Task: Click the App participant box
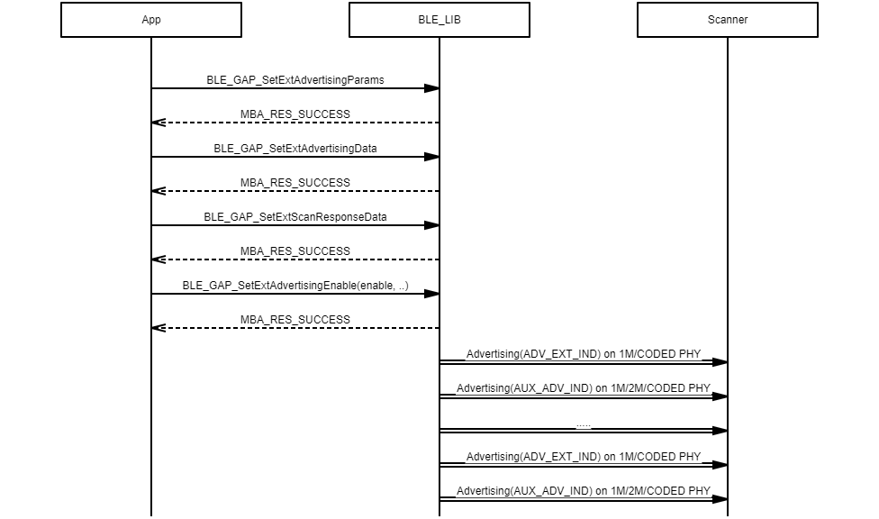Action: tap(151, 20)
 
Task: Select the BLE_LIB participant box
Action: tap(439, 20)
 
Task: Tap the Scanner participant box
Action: tap(728, 20)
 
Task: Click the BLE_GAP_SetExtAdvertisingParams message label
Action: tap(295, 79)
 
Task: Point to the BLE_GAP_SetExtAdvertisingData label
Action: tap(295, 148)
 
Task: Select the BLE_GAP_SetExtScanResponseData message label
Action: tap(295, 216)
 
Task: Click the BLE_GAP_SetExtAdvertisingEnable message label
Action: tap(295, 285)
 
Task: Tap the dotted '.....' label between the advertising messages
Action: tap(584, 425)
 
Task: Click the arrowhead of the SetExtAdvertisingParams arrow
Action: tap(432, 88)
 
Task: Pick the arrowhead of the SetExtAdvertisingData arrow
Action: tap(432, 157)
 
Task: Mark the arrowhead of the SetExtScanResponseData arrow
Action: tap(432, 225)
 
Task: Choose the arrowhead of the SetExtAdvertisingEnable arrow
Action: tap(432, 294)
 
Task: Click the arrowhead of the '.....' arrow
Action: tap(720, 431)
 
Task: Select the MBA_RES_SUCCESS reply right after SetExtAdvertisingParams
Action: tap(295, 114)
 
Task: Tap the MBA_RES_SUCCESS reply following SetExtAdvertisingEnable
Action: tap(295, 319)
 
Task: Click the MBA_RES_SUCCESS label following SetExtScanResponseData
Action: tap(295, 250)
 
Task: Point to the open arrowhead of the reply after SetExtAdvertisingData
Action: tap(159, 191)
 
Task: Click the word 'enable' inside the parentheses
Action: tap(377, 285)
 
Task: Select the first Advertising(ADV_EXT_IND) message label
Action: tap(584, 353)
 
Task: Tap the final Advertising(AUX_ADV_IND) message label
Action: tap(584, 490)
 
